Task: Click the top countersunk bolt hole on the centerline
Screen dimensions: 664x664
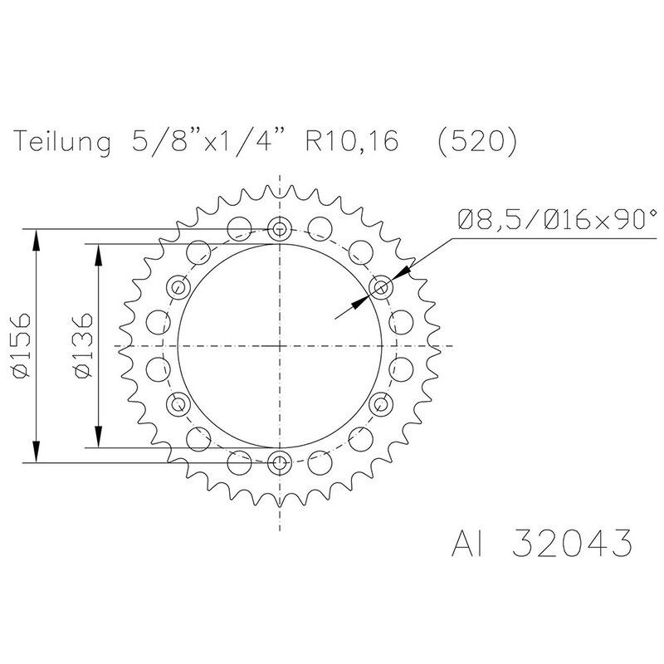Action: [281, 229]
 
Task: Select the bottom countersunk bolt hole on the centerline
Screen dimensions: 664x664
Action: [281, 462]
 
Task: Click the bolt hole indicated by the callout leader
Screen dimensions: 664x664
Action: [382, 287]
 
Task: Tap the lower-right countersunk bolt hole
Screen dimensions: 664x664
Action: [382, 404]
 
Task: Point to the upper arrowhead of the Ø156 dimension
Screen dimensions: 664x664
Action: [37, 237]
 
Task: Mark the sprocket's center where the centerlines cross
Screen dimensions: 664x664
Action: [281, 345]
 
